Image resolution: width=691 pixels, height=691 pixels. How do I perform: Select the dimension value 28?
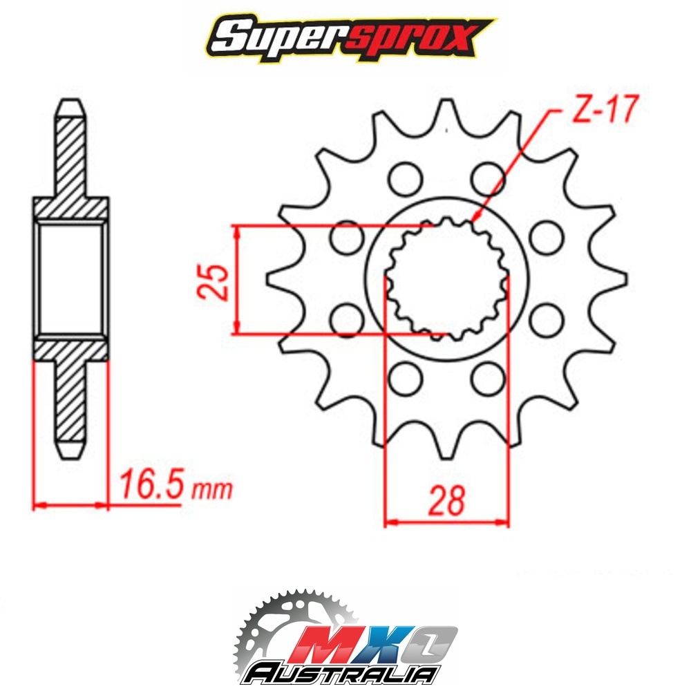point(447,500)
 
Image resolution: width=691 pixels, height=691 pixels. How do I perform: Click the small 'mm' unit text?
point(211,489)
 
